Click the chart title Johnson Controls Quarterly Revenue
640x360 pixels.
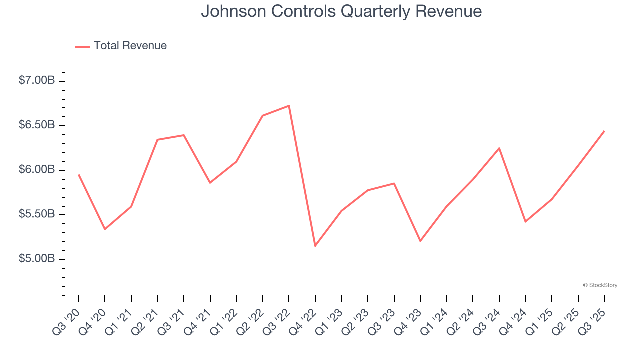(341, 11)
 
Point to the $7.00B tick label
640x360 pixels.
(37, 80)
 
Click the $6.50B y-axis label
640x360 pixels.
(37, 125)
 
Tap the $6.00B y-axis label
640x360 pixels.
(37, 170)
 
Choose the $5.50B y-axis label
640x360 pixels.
(37, 214)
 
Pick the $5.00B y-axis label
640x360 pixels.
(37, 259)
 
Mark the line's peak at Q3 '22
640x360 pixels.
(289, 106)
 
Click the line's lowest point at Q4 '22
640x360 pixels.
(315, 246)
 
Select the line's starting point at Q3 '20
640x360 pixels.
(79, 175)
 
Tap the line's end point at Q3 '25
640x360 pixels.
(604, 131)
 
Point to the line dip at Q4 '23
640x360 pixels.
(420, 241)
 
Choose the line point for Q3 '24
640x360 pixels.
(499, 148)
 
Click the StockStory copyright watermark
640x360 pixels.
(600, 285)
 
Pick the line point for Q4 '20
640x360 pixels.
(105, 229)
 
